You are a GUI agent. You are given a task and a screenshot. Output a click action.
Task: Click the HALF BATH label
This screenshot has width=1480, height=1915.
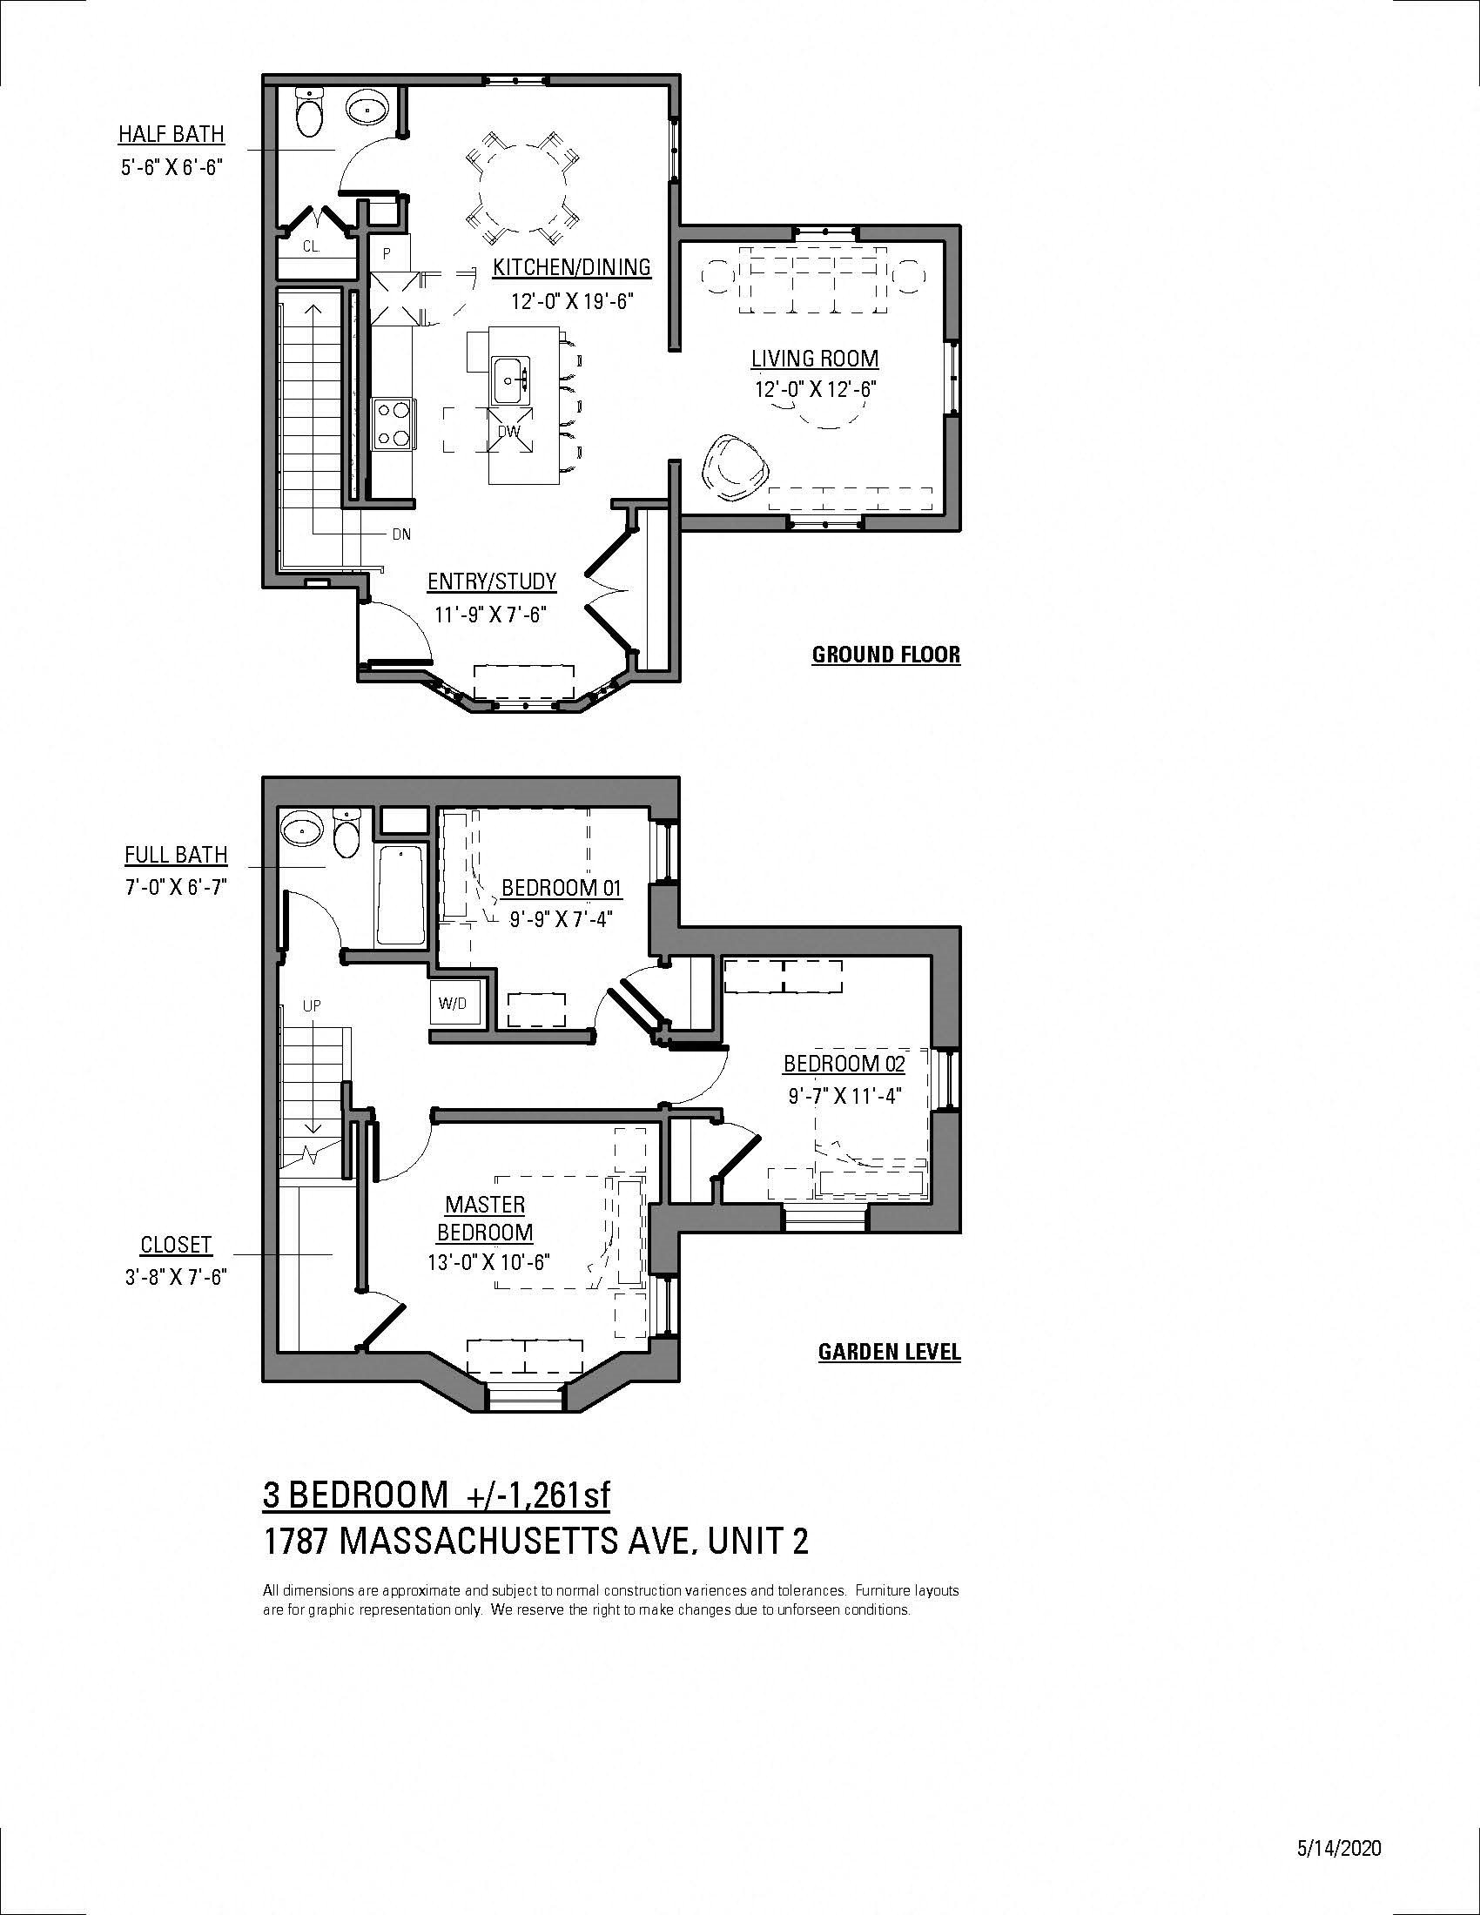(x=172, y=134)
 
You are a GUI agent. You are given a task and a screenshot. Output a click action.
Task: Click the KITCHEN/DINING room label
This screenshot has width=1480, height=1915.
(x=572, y=266)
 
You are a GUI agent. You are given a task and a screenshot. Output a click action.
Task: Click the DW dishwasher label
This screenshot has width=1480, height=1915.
(x=509, y=432)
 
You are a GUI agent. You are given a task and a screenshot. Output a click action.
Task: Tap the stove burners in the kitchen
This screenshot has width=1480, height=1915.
(x=392, y=425)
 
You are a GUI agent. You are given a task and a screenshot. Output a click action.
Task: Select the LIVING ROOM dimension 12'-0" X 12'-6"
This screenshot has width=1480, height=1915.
(x=816, y=389)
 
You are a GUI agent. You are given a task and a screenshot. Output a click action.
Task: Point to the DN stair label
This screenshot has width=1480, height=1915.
(x=401, y=534)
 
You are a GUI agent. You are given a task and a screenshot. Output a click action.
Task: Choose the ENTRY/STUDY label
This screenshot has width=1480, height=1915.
(x=492, y=581)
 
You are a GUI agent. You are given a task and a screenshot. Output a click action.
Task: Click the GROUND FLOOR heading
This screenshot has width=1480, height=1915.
(x=886, y=655)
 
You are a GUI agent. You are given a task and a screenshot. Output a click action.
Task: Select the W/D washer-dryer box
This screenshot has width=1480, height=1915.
(x=453, y=1004)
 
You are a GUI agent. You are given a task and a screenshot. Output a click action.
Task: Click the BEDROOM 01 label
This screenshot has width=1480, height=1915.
(x=562, y=887)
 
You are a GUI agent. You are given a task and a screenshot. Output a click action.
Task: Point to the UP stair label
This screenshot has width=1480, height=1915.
(x=313, y=1006)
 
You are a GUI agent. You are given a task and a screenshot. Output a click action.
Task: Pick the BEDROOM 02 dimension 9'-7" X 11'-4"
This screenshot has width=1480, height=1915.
(x=843, y=1096)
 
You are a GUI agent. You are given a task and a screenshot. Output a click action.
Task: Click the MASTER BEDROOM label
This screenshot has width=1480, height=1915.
(x=485, y=1219)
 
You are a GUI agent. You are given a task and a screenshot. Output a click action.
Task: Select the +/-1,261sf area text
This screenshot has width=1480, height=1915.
(x=535, y=1495)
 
